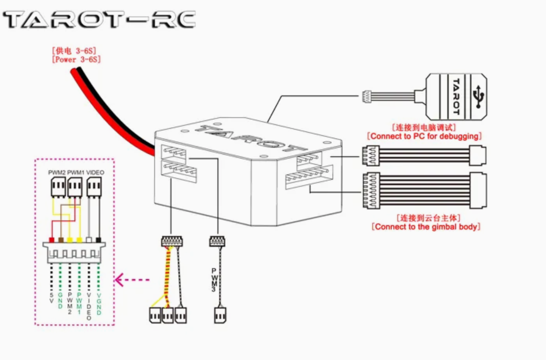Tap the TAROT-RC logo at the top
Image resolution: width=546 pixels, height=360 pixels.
point(99,20)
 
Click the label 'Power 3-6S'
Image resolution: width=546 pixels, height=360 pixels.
point(76,60)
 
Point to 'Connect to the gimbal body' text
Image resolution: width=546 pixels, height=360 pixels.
point(426,227)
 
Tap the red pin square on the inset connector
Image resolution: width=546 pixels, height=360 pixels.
point(52,240)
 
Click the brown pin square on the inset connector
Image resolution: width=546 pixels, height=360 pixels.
point(61,240)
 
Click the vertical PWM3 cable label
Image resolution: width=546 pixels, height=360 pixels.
point(214,279)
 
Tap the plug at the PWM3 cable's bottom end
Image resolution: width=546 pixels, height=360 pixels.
point(220,315)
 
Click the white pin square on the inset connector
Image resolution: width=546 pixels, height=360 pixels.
point(89,240)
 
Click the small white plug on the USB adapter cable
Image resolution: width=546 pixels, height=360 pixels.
point(367,96)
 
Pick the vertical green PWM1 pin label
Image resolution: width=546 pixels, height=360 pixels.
point(80,300)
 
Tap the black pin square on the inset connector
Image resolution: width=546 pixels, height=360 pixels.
point(98,240)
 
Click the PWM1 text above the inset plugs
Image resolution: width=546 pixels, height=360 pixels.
point(76,172)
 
